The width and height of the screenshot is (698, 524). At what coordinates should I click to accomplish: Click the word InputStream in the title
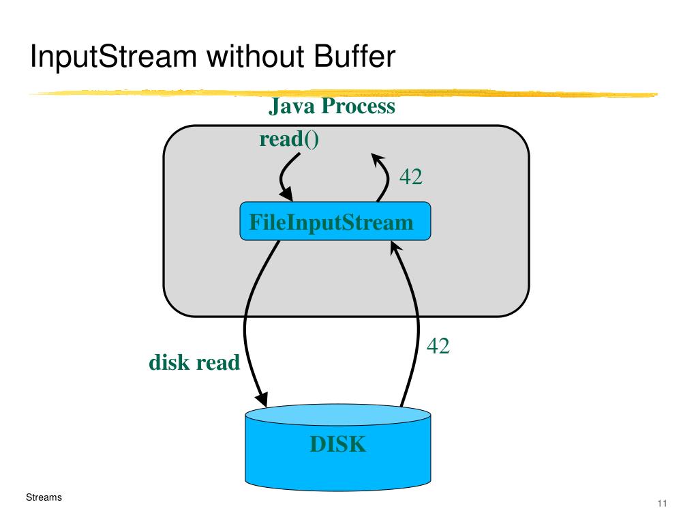pos(114,57)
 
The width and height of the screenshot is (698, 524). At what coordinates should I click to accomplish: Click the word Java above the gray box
pos(291,106)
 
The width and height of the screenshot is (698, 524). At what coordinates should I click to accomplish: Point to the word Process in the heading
pos(359,106)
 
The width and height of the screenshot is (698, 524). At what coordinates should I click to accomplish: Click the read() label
pos(289,139)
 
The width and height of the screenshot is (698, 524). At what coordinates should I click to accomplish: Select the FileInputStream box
pos(335,222)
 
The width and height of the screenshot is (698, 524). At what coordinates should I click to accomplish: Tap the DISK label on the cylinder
pos(338,444)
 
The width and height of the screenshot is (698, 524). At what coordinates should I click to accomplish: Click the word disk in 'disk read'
pos(169,362)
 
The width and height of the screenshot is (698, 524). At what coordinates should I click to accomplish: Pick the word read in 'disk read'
pos(218,362)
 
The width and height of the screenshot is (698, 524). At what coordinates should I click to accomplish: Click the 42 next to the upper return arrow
pos(411,177)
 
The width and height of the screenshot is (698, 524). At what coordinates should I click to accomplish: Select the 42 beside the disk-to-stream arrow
pos(438,346)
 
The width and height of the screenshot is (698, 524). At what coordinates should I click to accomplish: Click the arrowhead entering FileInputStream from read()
pos(286,194)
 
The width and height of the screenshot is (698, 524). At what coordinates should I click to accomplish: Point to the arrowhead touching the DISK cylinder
pos(261,398)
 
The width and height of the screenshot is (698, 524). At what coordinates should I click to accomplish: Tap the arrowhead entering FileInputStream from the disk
pos(396,248)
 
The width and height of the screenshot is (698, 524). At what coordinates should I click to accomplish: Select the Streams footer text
pos(44,497)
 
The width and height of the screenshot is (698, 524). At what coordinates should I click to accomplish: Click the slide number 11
pos(662,504)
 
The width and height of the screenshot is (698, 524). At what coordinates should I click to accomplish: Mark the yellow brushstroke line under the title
pos(343,93)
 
